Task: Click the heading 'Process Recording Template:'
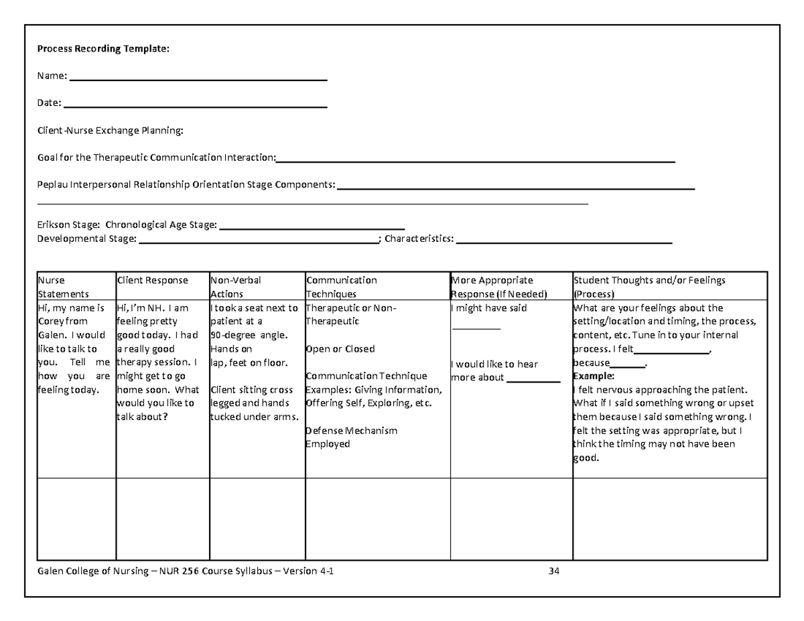[103, 49]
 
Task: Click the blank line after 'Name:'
[198, 79]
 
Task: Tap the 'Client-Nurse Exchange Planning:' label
[109, 130]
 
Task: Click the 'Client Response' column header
[153, 280]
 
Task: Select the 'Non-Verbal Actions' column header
[236, 287]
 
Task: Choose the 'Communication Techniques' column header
[341, 287]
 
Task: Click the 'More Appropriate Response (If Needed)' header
[499, 287]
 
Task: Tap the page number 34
[553, 571]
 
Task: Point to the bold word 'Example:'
[589, 376]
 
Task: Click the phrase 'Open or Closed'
[340, 349]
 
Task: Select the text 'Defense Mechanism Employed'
[351, 437]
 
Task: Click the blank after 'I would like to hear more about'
[533, 380]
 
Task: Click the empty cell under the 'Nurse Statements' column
[76, 519]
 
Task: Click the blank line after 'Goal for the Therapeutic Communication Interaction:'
[475, 160]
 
